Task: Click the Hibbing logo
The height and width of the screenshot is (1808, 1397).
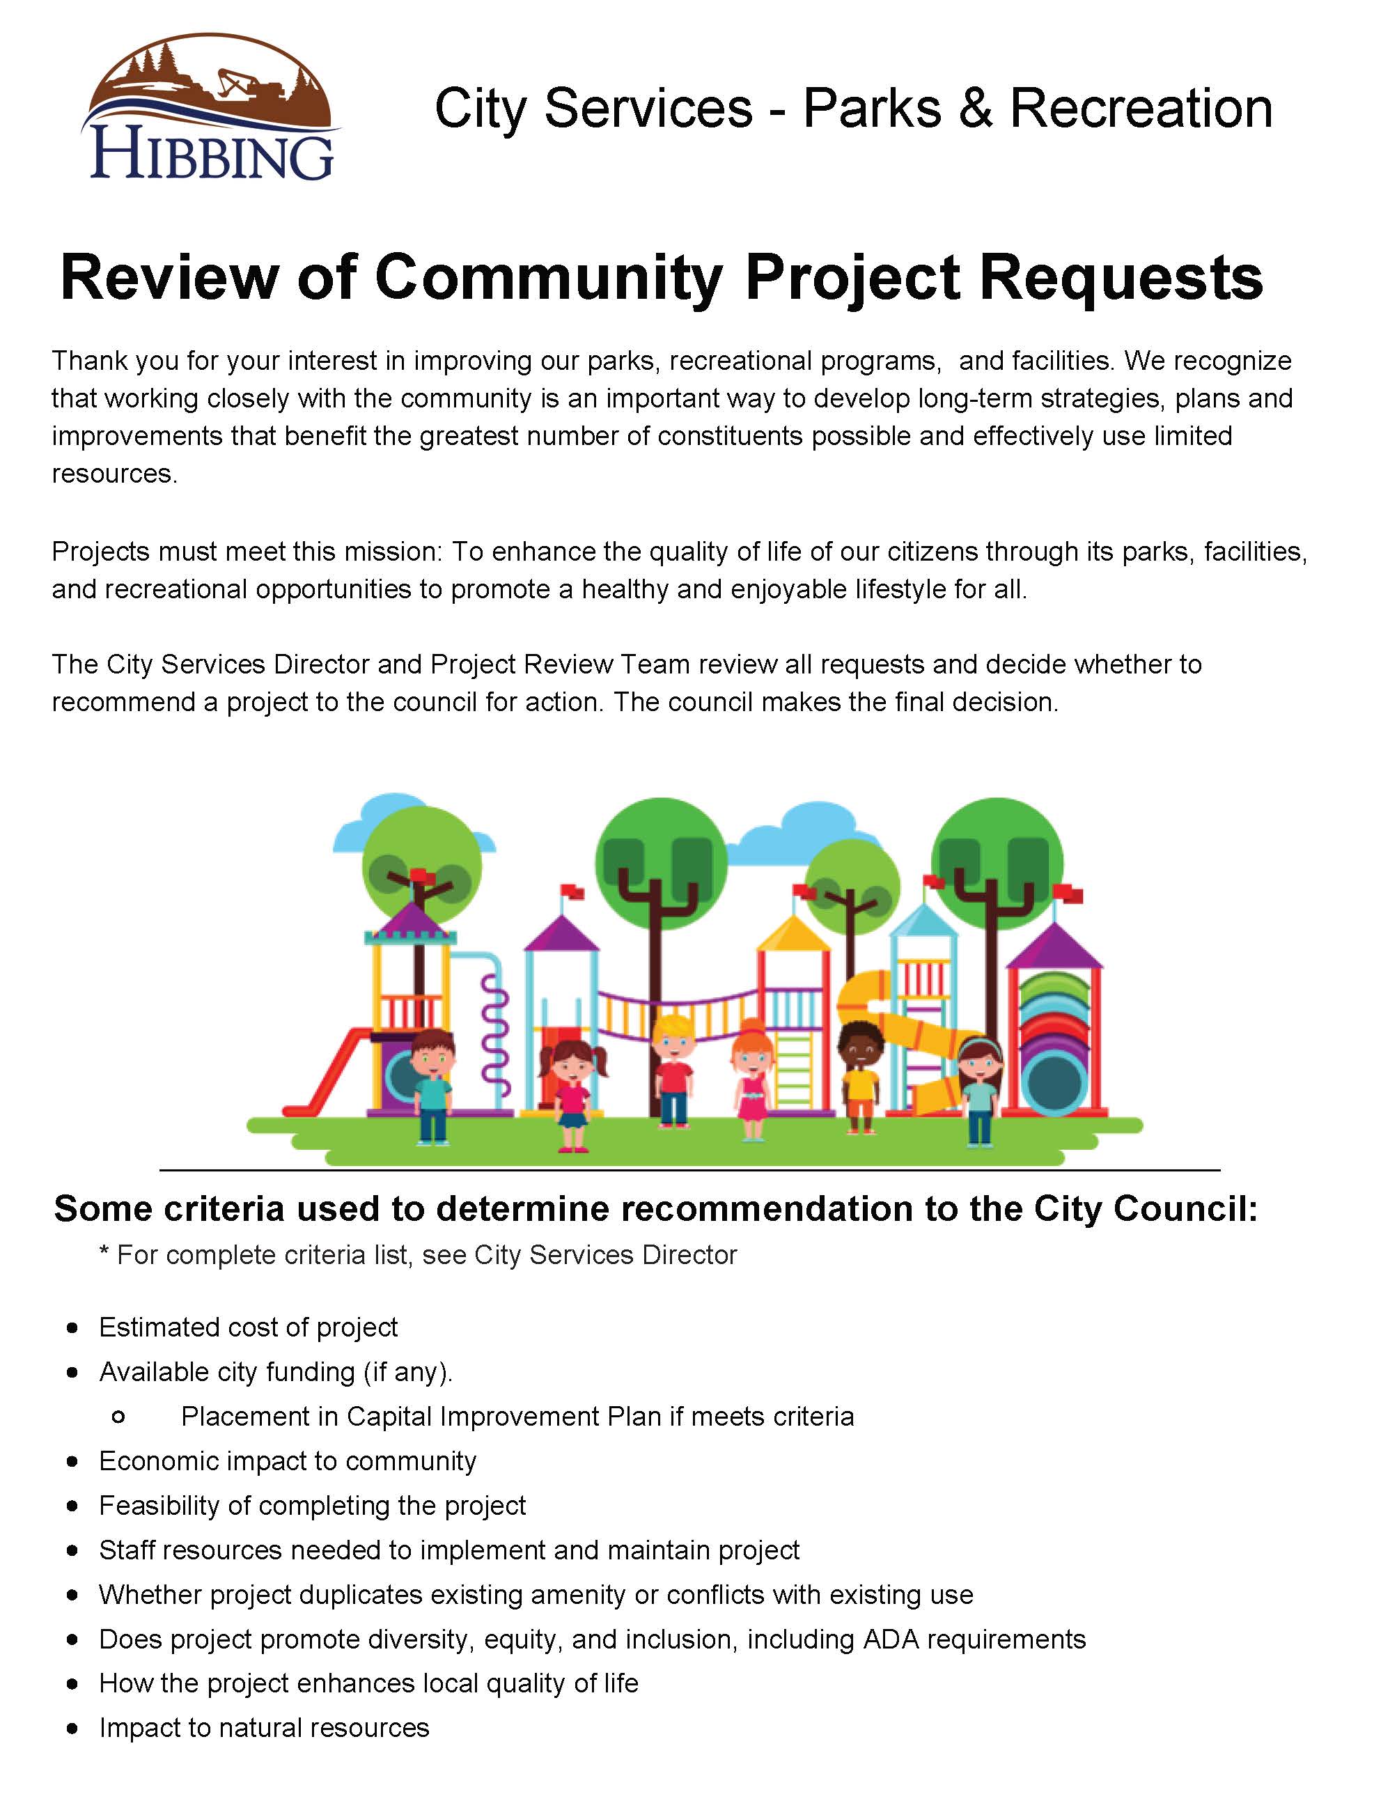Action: pyautogui.click(x=212, y=108)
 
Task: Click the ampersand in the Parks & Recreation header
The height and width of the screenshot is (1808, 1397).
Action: pyautogui.click(x=976, y=109)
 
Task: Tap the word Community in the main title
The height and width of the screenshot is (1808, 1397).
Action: pyautogui.click(x=549, y=277)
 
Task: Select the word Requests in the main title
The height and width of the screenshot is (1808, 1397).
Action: pyautogui.click(x=1121, y=277)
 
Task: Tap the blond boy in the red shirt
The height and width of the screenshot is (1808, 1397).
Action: pyautogui.click(x=673, y=1072)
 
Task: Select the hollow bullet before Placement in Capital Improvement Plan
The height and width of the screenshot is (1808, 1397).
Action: pyautogui.click(x=118, y=1417)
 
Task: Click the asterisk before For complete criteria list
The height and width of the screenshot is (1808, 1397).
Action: pyautogui.click(x=104, y=1254)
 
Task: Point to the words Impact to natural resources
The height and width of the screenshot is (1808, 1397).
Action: pyautogui.click(x=264, y=1728)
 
